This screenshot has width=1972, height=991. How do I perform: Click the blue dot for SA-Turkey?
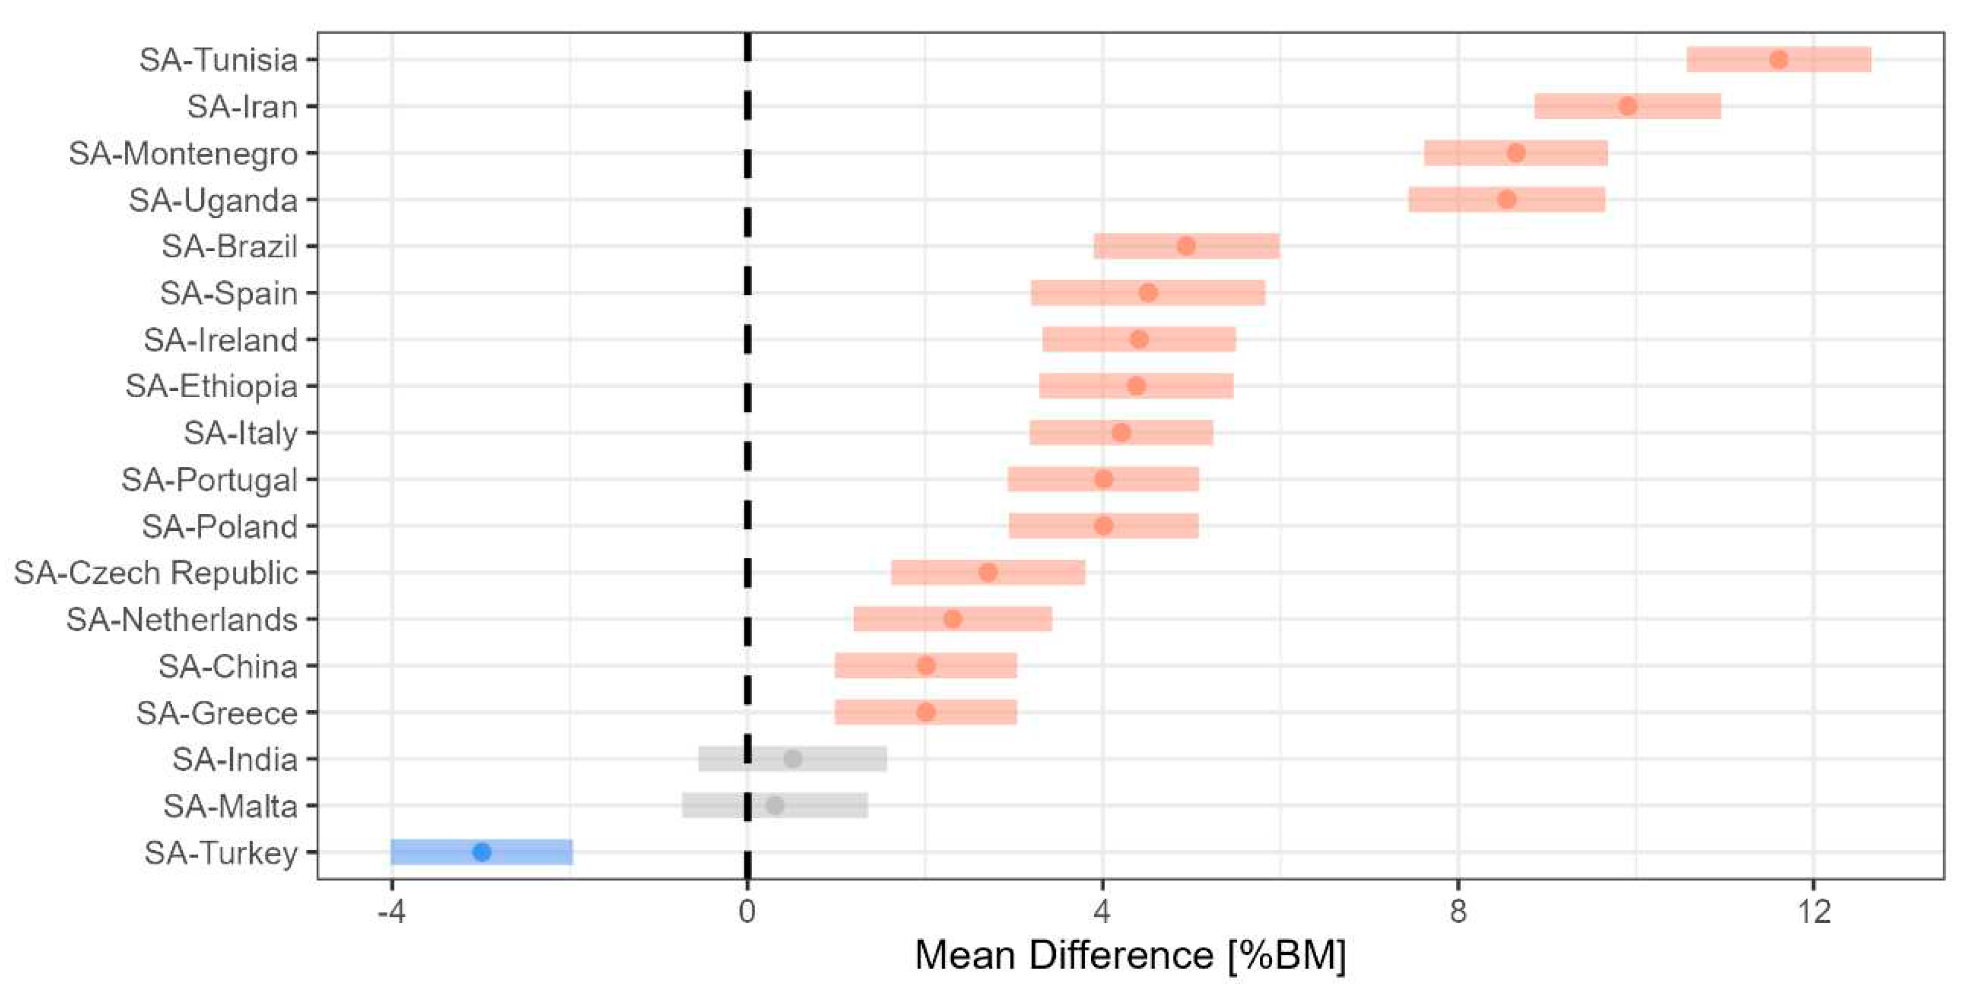pyautogui.click(x=481, y=852)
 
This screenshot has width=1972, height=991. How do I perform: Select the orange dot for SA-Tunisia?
pyautogui.click(x=1778, y=59)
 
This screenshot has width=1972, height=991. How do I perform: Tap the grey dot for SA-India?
pyautogui.click(x=793, y=758)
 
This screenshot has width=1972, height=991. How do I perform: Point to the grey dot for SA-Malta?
pyautogui.click(x=775, y=805)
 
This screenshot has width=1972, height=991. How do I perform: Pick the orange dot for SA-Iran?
pyautogui.click(x=1628, y=106)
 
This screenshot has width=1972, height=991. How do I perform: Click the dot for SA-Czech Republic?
pyautogui.click(x=987, y=572)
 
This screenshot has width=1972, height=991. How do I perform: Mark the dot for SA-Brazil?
pyautogui.click(x=1186, y=246)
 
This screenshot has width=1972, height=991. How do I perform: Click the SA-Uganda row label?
pyautogui.click(x=213, y=200)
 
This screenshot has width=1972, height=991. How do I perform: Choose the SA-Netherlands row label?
pyautogui.click(x=182, y=619)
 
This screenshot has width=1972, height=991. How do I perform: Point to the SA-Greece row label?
pyautogui.click(x=217, y=712)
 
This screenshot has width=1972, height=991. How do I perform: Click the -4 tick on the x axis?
pyautogui.click(x=391, y=911)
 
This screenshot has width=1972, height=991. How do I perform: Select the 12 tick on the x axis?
pyautogui.click(x=1813, y=911)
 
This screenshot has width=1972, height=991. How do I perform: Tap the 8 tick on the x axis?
pyautogui.click(x=1458, y=911)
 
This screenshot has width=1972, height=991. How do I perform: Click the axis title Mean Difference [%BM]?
pyautogui.click(x=1130, y=955)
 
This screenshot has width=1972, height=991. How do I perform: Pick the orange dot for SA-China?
pyautogui.click(x=926, y=665)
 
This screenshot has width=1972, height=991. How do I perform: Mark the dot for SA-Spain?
pyautogui.click(x=1147, y=292)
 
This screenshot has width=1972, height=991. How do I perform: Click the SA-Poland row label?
pyautogui.click(x=220, y=526)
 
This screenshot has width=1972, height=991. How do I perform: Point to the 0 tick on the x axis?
pyautogui.click(x=746, y=911)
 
